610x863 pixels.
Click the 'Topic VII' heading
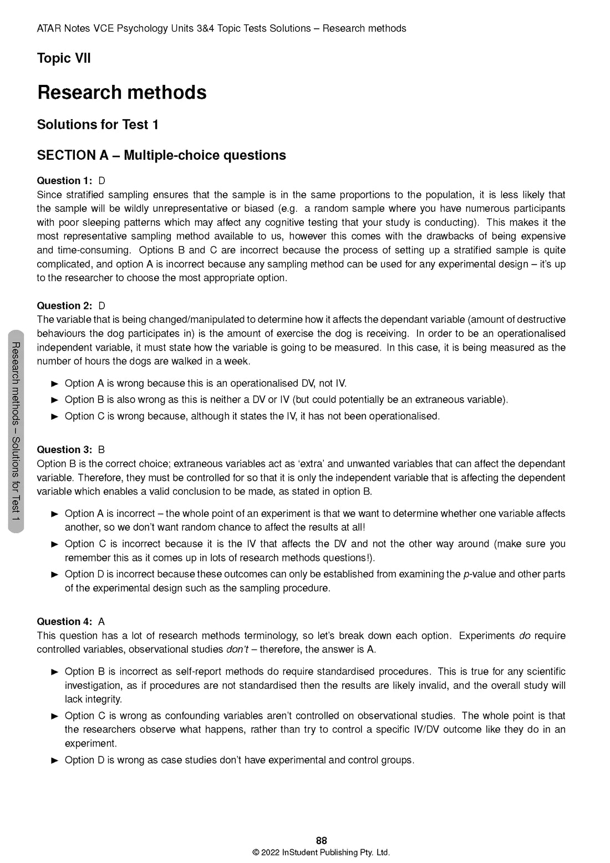[x=64, y=58]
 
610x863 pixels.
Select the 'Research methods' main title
[x=121, y=92]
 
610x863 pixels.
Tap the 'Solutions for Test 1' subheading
[x=98, y=125]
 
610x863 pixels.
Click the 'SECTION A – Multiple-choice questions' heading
[x=161, y=155]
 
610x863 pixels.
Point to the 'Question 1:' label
[x=64, y=181]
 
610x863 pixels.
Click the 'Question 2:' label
[x=64, y=306]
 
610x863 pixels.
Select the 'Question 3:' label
[x=64, y=450]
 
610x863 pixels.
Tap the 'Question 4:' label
[x=64, y=622]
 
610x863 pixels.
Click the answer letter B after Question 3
[x=101, y=450]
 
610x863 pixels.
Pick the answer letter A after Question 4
[x=101, y=622]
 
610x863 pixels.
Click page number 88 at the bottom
[x=321, y=841]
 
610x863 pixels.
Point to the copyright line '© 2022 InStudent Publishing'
[x=321, y=852]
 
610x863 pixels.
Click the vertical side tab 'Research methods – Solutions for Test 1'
[x=16, y=431]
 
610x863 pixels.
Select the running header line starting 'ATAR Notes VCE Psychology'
[x=221, y=28]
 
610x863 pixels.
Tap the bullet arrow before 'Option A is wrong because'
[x=54, y=383]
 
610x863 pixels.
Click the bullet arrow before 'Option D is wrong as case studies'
[x=54, y=760]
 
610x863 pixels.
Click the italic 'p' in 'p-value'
[x=466, y=575]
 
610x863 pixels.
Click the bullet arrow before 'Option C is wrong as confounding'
[x=54, y=716]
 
